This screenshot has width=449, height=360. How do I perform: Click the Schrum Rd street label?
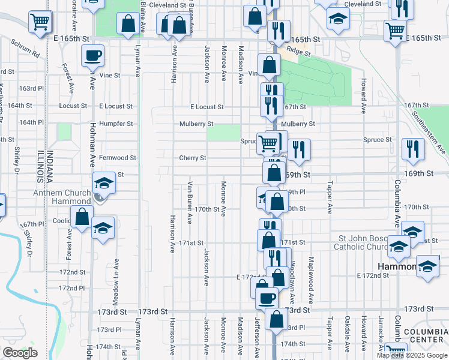[25, 49]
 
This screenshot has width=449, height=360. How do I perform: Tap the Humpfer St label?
[116, 124]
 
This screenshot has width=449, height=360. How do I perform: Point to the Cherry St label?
[193, 158]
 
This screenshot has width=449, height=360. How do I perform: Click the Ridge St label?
[298, 53]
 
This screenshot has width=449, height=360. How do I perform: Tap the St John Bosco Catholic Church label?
[361, 242]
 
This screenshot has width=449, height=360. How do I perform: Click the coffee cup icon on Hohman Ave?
[92, 56]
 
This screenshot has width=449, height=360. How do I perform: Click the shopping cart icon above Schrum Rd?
[40, 22]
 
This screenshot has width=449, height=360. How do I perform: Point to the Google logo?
[20, 353]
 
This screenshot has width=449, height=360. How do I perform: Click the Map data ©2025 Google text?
[412, 355]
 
